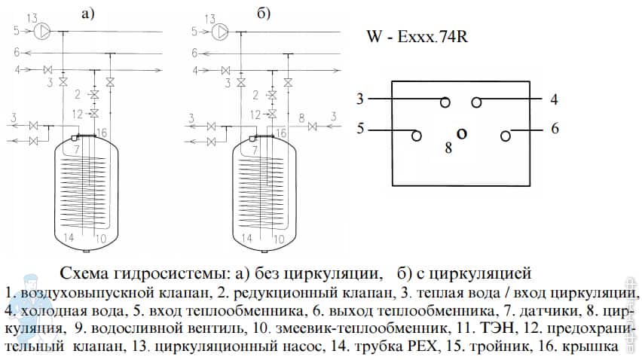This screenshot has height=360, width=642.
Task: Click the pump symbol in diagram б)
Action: point(222,32)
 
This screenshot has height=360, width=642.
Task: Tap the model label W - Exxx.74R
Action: point(417,36)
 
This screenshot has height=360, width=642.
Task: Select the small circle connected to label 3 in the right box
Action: point(446,102)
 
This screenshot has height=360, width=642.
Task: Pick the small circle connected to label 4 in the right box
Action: point(476,102)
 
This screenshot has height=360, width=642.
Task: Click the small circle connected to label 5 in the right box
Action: point(415,136)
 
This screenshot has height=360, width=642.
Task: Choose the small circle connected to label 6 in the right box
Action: point(506,136)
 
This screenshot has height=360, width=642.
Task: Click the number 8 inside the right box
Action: point(448,148)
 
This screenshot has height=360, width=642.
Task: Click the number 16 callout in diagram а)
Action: point(102,133)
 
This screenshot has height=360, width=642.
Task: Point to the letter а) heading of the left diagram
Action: point(88,14)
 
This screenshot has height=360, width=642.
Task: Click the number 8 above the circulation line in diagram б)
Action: point(301,118)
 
